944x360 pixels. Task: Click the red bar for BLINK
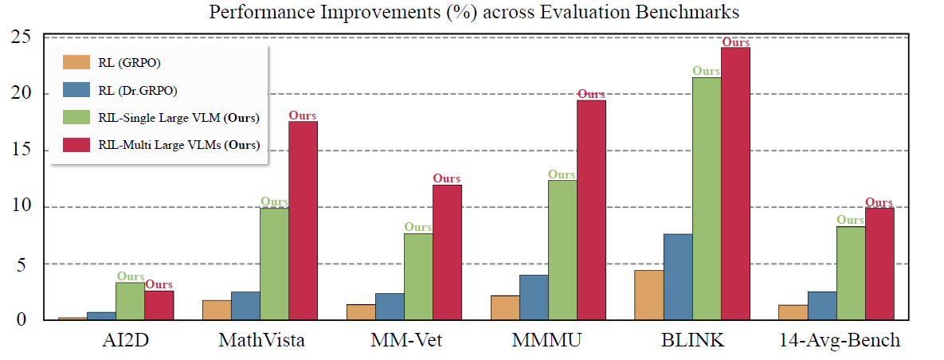[x=735, y=183]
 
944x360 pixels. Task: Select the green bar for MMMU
[x=562, y=250]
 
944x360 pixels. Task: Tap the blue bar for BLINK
[x=678, y=277]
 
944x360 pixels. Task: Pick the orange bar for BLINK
[x=649, y=295]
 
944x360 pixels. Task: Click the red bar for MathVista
[x=304, y=221]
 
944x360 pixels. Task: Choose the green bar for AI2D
[x=131, y=301]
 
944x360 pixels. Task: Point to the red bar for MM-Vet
[x=447, y=252]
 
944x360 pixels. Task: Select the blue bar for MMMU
[x=534, y=297]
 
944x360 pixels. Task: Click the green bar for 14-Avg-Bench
[x=851, y=273]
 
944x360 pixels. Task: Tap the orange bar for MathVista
[x=217, y=310]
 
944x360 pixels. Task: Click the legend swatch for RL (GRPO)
[x=78, y=62]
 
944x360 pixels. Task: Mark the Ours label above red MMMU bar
[x=591, y=94]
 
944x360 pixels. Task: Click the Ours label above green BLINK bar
[x=707, y=71]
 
